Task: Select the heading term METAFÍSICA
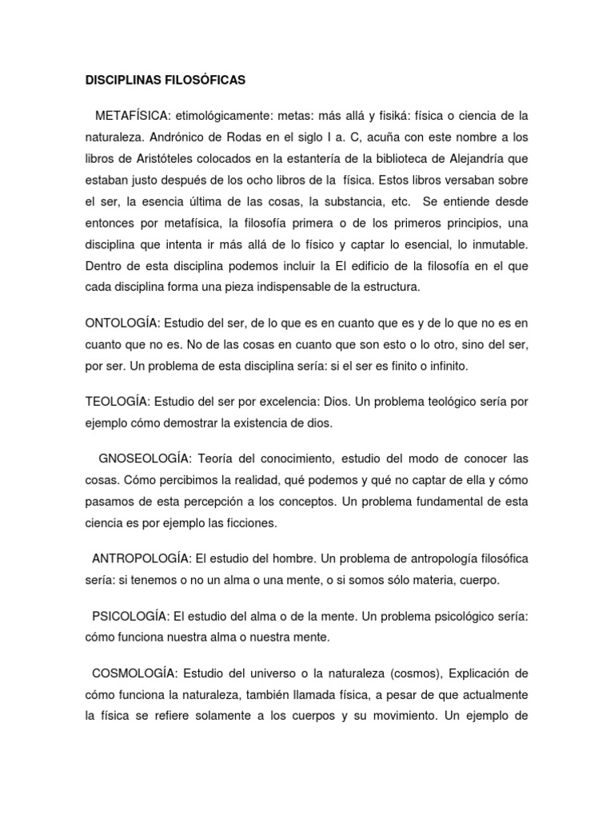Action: pyautogui.click(x=133, y=115)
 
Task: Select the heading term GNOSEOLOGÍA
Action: pyautogui.click(x=143, y=459)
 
